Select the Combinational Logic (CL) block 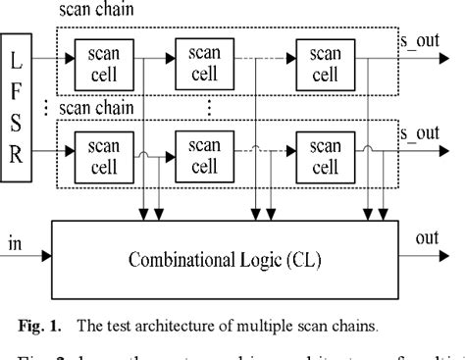pyautogui.click(x=225, y=261)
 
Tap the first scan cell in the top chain pyautogui.click(x=104, y=61)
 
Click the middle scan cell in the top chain pyautogui.click(x=203, y=61)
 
